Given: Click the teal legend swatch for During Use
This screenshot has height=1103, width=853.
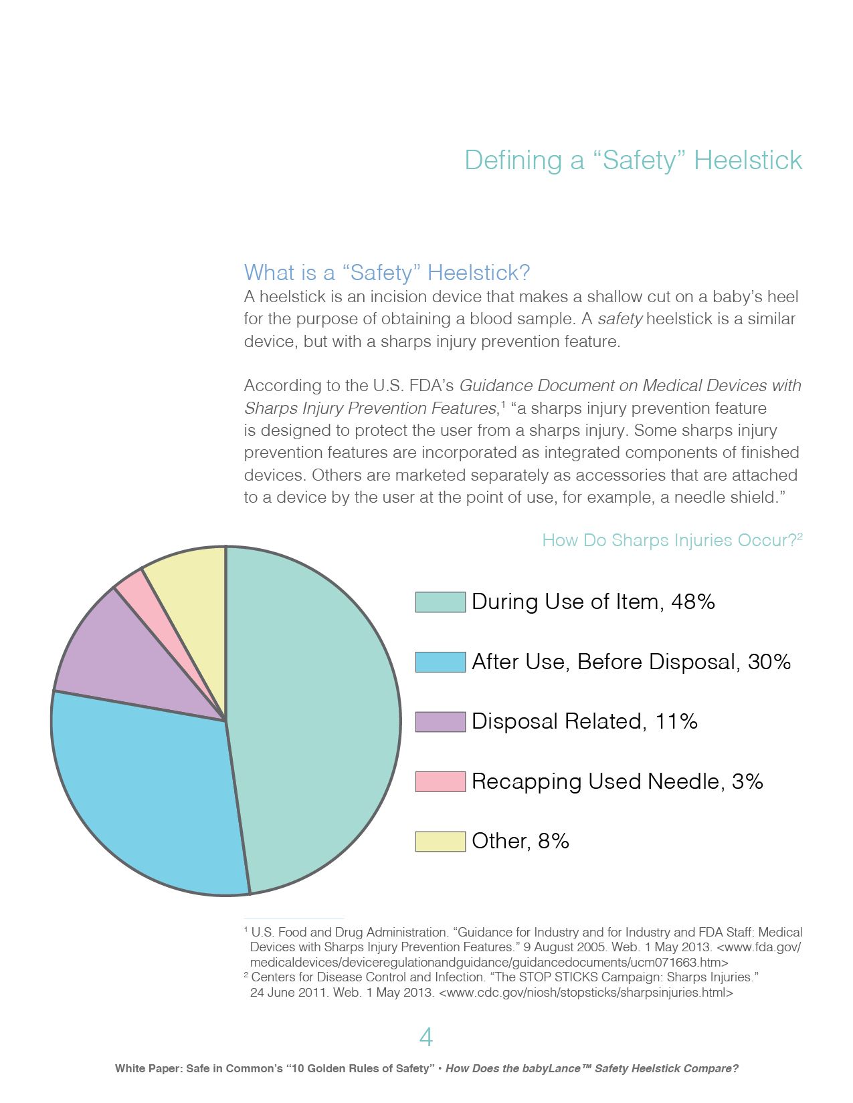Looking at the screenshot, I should pos(440,602).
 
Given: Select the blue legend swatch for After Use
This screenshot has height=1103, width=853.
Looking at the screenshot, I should pos(440,662).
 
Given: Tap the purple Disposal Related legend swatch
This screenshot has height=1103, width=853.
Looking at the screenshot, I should pos(440,721).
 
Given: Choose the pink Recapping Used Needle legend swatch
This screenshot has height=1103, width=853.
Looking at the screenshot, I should pos(440,781).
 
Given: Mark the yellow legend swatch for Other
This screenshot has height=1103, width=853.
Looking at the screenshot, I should pos(440,841).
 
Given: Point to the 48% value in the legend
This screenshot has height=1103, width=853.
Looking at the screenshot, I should pos(693,602).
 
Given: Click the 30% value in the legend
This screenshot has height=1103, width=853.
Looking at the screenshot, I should pos(769,662).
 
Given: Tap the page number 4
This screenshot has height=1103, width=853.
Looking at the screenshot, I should pos(425,1037).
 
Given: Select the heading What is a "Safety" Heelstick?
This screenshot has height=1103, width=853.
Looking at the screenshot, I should pos(387,273).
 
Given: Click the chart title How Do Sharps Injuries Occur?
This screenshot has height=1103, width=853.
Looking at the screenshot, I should pos(669,540).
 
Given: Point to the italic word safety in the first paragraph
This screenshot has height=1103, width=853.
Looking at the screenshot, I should pos(620,319).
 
